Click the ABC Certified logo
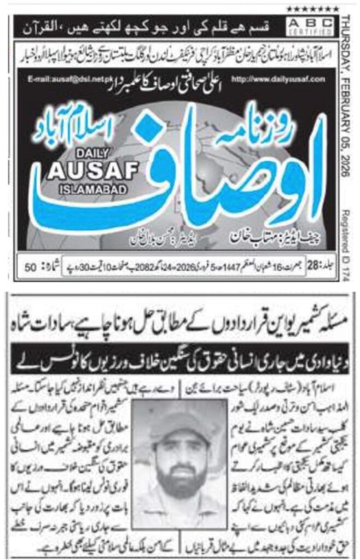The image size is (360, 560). (310, 26)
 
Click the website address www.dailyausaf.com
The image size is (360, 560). (278, 79)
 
